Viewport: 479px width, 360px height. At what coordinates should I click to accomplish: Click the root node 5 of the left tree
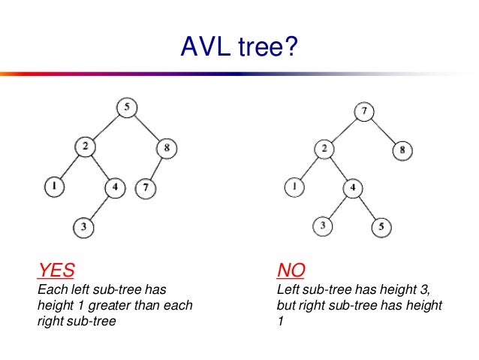(x=127, y=108)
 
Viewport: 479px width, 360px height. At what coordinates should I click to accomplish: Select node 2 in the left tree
(x=86, y=148)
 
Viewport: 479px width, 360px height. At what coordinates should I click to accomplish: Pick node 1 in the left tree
(x=54, y=185)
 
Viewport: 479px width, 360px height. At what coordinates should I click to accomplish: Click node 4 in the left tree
(x=114, y=186)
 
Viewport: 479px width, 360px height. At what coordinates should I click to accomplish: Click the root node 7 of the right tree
(x=363, y=112)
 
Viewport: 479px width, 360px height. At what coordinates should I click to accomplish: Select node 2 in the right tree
(x=324, y=149)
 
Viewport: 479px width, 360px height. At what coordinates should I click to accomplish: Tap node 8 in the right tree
(x=402, y=150)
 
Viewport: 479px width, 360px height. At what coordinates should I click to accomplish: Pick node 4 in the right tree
(x=352, y=187)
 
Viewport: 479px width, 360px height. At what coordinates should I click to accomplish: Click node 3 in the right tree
(x=324, y=225)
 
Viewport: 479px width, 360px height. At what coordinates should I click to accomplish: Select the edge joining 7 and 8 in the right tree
(x=383, y=132)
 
